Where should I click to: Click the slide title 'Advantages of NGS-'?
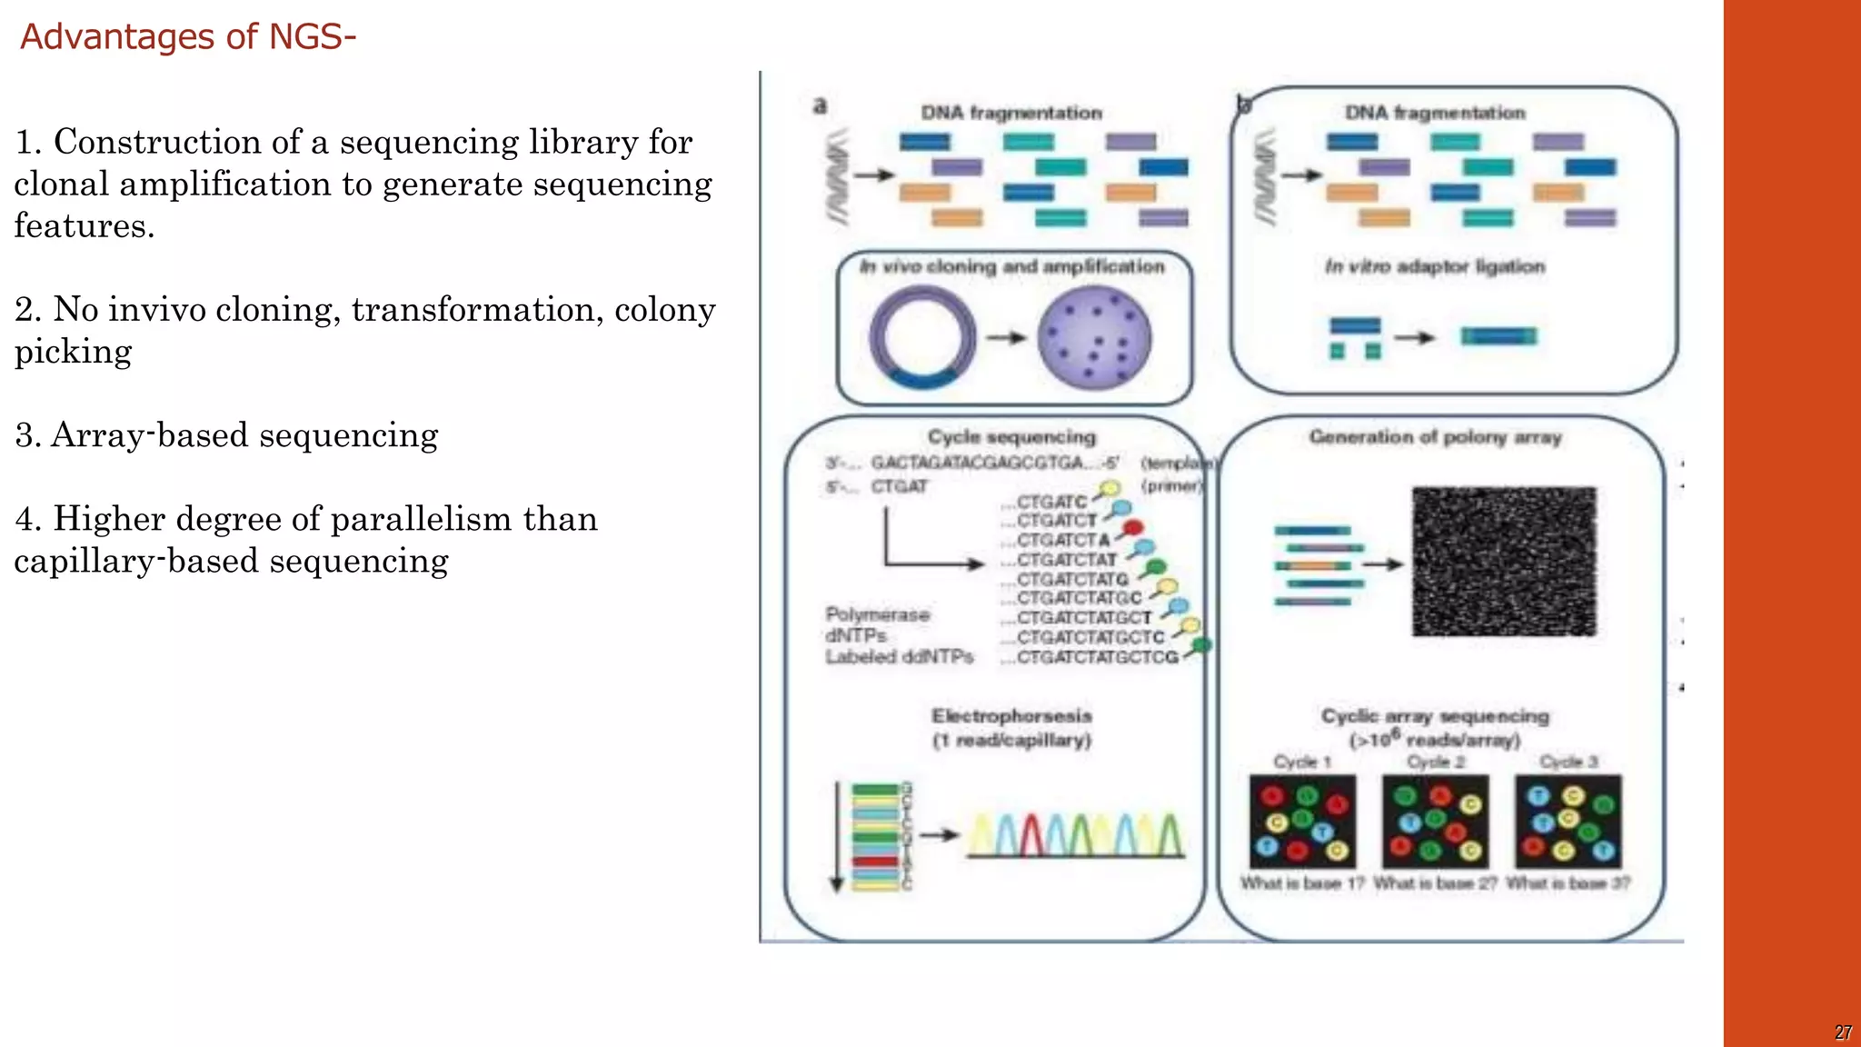pos(187,37)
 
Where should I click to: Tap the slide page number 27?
pos(1843,1032)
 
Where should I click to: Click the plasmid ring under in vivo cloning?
pos(921,337)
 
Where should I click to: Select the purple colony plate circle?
pos(1094,337)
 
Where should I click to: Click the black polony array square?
pos(1503,562)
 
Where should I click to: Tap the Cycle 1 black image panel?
pos(1302,821)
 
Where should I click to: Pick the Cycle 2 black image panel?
pos(1435,821)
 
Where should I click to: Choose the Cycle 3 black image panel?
pos(1567,821)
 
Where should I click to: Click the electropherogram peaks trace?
pos(1076,834)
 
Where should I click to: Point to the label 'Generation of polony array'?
pos(1435,437)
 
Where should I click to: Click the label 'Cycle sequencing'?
pos(1011,437)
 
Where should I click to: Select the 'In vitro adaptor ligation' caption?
pos(1435,267)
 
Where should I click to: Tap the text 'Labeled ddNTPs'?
pos(899,657)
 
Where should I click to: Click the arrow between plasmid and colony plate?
pos(1005,338)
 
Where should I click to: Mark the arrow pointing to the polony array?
pos(1383,564)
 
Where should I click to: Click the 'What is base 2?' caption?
pos(1435,883)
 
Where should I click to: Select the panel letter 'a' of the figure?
pos(820,106)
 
